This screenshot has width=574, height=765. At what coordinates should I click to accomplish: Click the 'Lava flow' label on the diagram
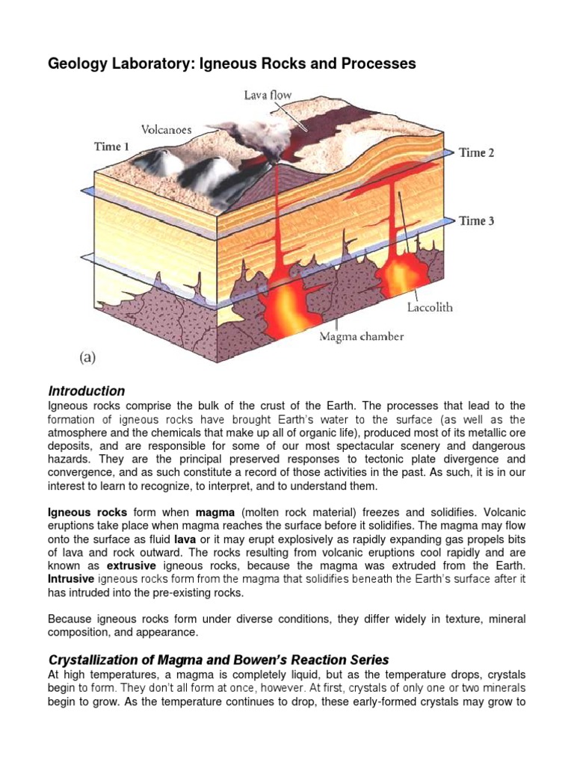[x=267, y=95]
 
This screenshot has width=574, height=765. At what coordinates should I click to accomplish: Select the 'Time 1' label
[x=111, y=146]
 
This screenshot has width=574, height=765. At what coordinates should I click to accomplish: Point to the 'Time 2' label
[x=476, y=152]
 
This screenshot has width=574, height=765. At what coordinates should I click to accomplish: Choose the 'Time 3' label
[x=476, y=220]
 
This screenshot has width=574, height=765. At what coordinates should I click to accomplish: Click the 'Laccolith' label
[x=430, y=307]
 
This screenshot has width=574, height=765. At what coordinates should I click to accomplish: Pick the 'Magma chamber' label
[x=361, y=336]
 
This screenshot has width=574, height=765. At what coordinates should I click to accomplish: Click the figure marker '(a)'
[x=87, y=358]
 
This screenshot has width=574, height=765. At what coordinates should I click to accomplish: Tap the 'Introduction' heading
[x=86, y=391]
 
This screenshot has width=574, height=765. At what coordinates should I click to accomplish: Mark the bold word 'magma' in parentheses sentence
[x=215, y=513]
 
